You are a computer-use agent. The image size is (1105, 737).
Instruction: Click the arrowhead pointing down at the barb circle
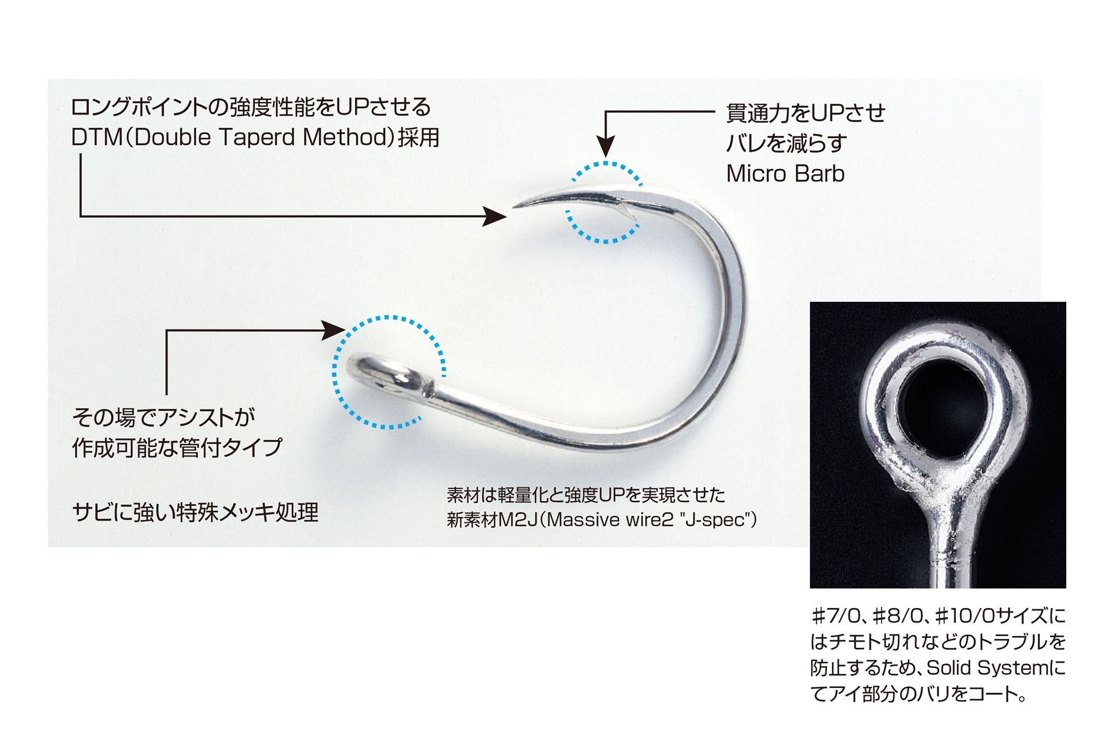[x=605, y=147]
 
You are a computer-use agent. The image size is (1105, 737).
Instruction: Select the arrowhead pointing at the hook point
[x=495, y=216]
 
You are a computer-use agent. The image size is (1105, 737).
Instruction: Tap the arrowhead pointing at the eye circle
[x=333, y=330]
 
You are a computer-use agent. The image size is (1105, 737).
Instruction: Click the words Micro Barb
[x=785, y=174]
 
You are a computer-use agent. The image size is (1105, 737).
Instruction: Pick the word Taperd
[x=256, y=138]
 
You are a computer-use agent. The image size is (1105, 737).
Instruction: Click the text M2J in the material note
[x=517, y=520]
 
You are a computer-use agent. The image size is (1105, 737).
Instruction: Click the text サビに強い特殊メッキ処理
[x=195, y=512]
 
